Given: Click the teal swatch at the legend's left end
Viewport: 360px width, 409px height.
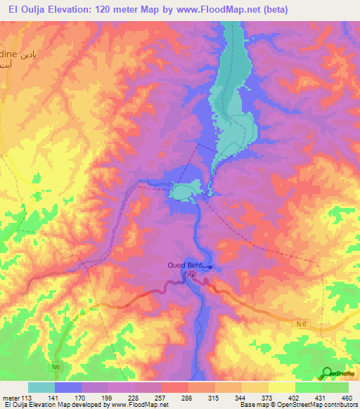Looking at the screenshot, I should [x=41, y=387].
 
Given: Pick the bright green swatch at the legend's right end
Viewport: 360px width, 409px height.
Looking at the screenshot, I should [x=335, y=387].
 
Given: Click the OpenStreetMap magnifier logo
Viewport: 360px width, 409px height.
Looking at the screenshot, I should [x=326, y=372].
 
